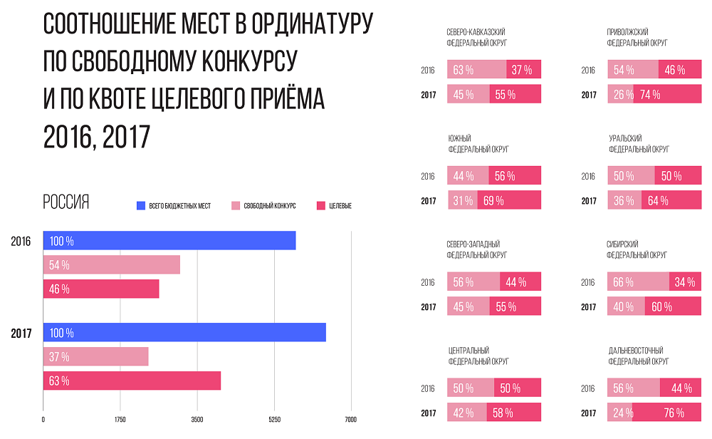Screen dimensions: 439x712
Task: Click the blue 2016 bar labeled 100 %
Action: click(x=169, y=241)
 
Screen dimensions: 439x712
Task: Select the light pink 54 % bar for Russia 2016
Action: click(x=112, y=265)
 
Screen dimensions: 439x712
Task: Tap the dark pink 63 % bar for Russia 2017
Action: click(x=132, y=381)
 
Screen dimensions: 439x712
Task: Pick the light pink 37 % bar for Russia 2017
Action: click(x=96, y=356)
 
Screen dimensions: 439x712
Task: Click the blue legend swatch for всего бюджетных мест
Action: click(x=140, y=206)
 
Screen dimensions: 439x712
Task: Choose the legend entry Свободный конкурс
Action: click(x=263, y=206)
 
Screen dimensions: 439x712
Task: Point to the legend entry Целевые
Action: click(x=334, y=206)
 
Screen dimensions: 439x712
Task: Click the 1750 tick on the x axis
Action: click(x=120, y=419)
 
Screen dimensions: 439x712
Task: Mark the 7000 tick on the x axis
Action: click(x=350, y=419)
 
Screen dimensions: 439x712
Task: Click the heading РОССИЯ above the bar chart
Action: click(x=66, y=202)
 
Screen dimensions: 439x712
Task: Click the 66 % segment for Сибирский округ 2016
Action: click(x=639, y=282)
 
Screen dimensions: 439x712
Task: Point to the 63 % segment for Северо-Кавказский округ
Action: click(x=477, y=70)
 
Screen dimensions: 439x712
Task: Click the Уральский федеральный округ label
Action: click(x=639, y=144)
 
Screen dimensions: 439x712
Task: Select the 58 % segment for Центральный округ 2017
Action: click(x=513, y=412)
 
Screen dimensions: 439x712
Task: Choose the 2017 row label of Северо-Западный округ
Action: click(x=428, y=306)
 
